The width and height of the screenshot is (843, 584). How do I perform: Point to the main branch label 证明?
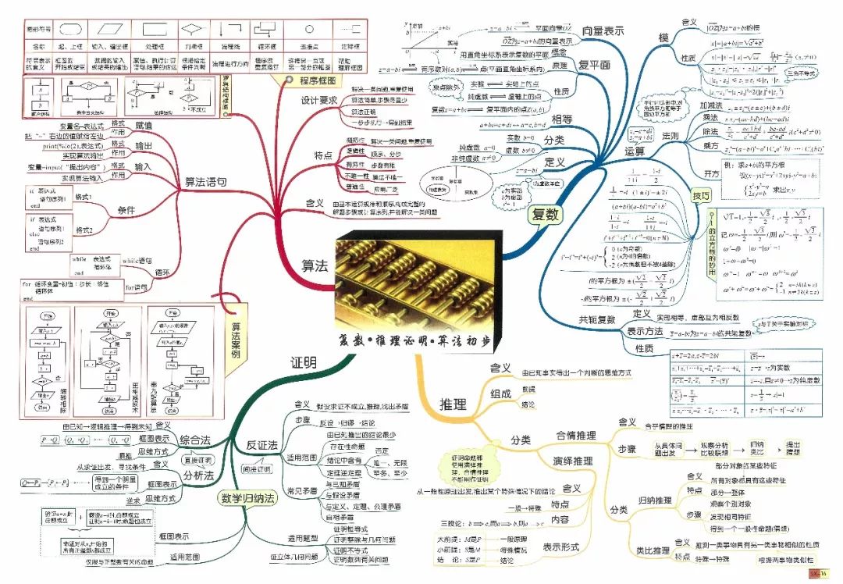pos(304,363)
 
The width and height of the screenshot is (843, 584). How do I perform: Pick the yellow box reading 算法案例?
pos(233,341)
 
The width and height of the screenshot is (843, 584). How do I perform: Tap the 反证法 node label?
pos(262,444)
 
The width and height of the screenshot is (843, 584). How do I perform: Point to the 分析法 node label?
pos(198,475)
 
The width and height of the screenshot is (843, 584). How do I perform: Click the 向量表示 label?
pos(603,30)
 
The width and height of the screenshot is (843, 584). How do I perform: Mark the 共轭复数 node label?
pos(597,319)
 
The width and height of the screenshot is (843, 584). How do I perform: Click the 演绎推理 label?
pos(573,461)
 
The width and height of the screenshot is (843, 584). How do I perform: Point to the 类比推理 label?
pos(653,550)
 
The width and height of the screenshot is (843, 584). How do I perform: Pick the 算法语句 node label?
pos(205,182)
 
